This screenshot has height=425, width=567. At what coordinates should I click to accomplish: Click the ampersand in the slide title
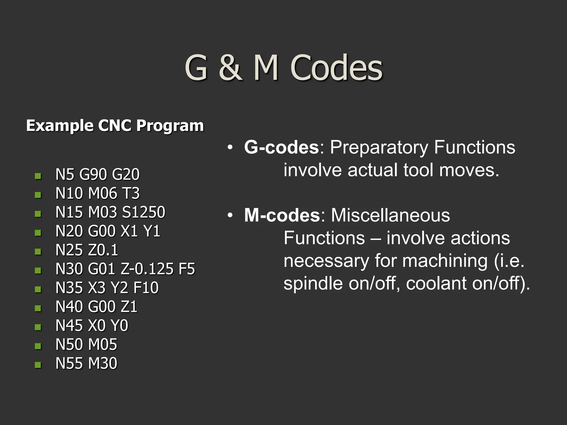pyautogui.click(x=230, y=68)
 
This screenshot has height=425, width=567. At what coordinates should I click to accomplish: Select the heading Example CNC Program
pyautogui.click(x=115, y=126)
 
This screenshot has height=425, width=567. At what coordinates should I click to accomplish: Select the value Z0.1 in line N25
pyautogui.click(x=103, y=250)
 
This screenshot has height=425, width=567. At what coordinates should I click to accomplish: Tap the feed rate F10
pyautogui.click(x=146, y=288)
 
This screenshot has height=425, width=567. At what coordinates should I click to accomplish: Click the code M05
pyautogui.click(x=102, y=344)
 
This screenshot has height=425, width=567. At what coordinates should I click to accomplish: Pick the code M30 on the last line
pyautogui.click(x=102, y=363)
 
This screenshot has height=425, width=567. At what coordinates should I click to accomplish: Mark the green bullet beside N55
pyautogui.click(x=38, y=365)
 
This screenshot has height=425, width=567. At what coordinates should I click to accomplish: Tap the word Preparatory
pyautogui.click(x=379, y=148)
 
